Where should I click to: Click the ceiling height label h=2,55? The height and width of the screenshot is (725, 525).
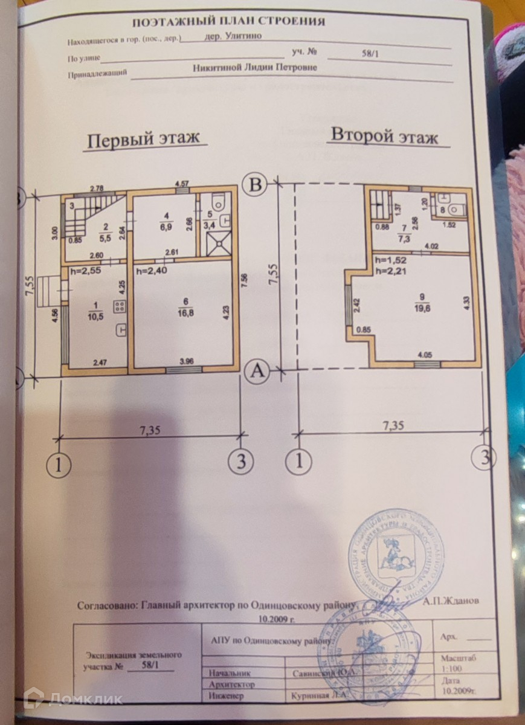tap(85, 271)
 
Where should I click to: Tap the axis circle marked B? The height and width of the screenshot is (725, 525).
tap(256, 185)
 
